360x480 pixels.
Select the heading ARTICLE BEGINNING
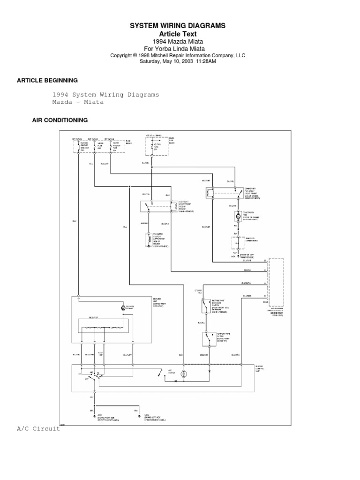coord(47,81)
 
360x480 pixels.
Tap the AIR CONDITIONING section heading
coord(60,120)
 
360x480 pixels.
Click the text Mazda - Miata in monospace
coord(78,102)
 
